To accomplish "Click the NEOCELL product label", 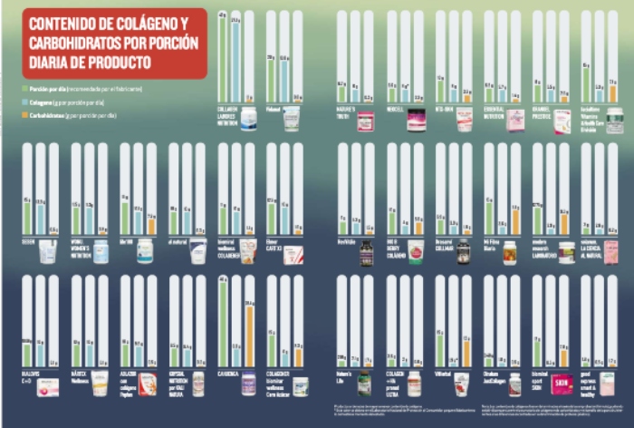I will [x=396, y=111].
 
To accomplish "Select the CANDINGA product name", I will [x=228, y=374].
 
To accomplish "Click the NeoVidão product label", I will [x=347, y=243].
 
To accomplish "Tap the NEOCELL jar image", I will [x=417, y=120].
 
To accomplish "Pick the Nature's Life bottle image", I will [x=364, y=383].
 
